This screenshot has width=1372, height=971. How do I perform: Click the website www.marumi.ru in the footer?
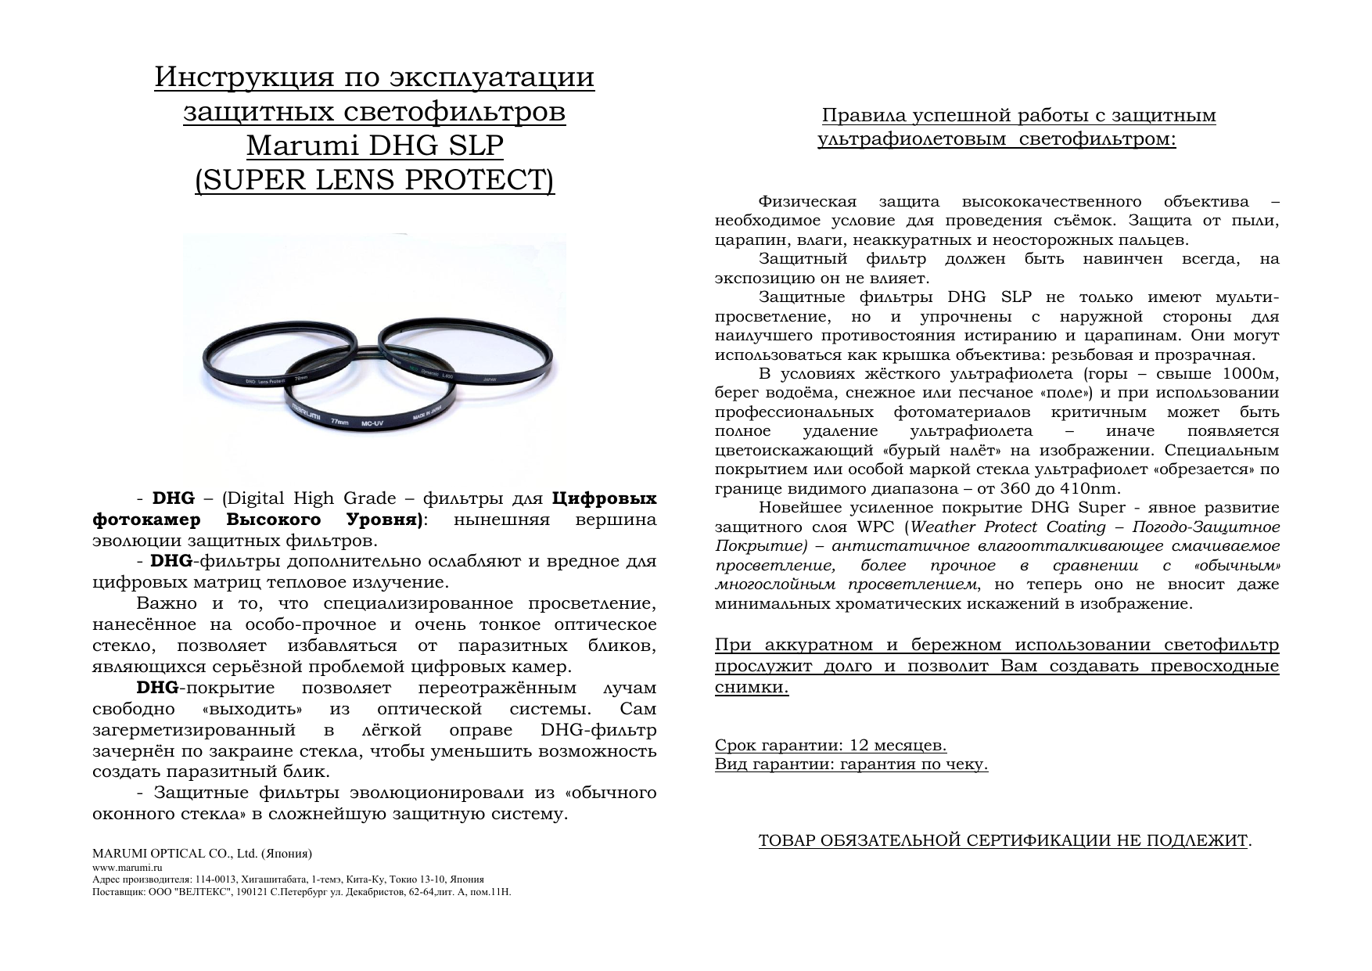pyautogui.click(x=127, y=868)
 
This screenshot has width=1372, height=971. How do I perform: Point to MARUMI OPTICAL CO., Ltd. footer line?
pyautogui.click(x=203, y=853)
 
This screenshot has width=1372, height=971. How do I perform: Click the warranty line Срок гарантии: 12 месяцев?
pyautogui.click(x=831, y=745)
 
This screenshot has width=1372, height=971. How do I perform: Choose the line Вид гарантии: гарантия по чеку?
pyautogui.click(x=851, y=764)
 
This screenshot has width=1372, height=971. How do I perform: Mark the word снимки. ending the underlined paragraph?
pyautogui.click(x=752, y=688)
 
